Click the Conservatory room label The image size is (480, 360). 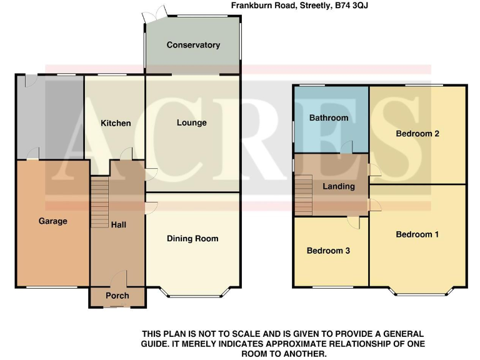[x=193, y=45]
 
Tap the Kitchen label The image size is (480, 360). [x=116, y=123]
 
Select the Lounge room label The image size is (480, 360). [x=192, y=122]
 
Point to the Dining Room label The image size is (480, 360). [x=192, y=238]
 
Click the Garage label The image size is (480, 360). [x=53, y=221]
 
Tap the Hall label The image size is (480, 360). [x=119, y=224]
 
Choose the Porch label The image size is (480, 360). [x=117, y=296]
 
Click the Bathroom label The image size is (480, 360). [x=329, y=117]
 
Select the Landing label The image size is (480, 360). [x=339, y=186]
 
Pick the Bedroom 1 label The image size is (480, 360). [x=417, y=234]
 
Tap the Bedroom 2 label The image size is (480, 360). [x=417, y=133]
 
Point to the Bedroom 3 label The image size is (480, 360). [x=328, y=251]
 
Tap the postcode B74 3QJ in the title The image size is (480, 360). [x=342, y=6]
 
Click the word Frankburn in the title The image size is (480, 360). [x=254, y=6]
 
